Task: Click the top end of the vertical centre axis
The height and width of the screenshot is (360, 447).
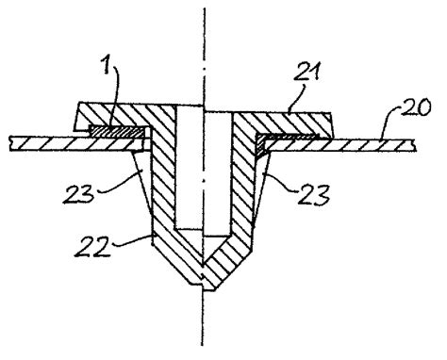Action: pyautogui.click(x=201, y=8)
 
